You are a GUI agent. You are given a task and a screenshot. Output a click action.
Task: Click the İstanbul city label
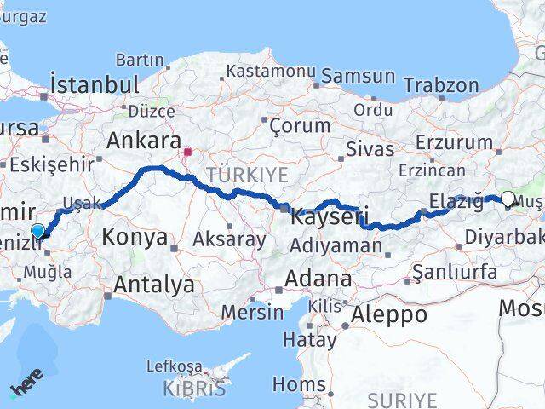(94, 84)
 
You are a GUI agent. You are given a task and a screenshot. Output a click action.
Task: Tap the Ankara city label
(144, 141)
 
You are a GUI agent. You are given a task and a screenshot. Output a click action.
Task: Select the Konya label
(135, 237)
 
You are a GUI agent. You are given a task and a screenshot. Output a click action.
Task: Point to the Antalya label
(153, 285)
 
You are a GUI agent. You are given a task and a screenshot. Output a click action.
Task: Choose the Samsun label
(359, 76)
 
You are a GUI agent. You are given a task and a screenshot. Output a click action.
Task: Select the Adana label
(318, 278)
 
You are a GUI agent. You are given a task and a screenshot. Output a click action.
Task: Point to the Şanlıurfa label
(454, 272)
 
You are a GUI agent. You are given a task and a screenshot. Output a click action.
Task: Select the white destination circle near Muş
(508, 199)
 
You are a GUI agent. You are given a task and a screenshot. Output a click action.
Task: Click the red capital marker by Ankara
(187, 153)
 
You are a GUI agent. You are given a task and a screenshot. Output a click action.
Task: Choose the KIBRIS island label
(197, 389)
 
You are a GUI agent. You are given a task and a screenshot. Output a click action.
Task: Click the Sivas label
(370, 149)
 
